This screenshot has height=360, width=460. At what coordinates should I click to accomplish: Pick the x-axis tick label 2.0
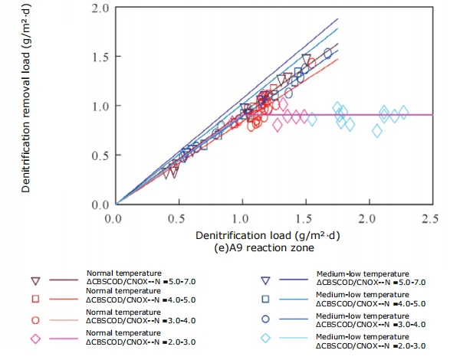369,218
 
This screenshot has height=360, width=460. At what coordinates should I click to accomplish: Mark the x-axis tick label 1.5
306,218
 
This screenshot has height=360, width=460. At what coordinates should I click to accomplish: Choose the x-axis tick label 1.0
242,218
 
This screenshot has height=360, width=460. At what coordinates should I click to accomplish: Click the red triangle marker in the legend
35,280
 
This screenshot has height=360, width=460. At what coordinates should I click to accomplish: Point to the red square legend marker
35,299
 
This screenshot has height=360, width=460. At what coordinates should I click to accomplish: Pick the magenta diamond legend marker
35,339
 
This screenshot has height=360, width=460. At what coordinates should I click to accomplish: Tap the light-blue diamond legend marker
265,339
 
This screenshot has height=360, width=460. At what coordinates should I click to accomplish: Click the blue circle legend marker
265,319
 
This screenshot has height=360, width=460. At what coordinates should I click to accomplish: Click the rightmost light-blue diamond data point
405,113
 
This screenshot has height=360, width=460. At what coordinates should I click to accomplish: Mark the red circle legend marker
35,319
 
